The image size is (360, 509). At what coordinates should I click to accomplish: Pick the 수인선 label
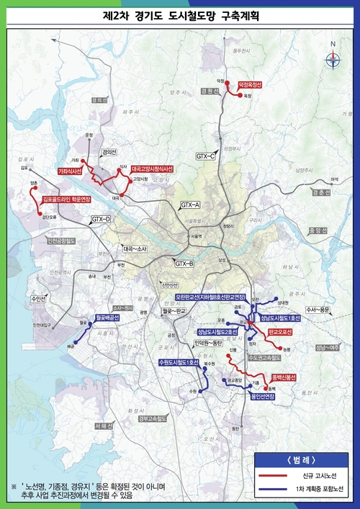[37, 297]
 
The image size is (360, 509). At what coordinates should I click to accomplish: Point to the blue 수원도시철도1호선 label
[179, 362]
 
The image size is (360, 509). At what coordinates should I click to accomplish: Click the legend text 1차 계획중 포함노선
[320, 490]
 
